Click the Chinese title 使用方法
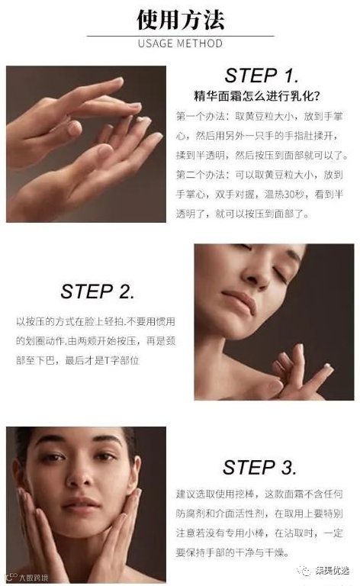[x=180, y=19]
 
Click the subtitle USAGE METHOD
[x=180, y=43]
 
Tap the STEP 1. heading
[x=262, y=76]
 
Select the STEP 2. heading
[x=97, y=291]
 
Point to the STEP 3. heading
[x=259, y=468]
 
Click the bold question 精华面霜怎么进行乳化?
[x=256, y=96]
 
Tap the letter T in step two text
[x=106, y=361]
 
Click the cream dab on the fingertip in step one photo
[x=141, y=120]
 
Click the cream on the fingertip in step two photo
[x=328, y=366]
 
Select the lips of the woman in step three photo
[x=82, y=504]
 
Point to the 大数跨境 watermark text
[x=34, y=578]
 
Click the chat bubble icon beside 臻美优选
[x=305, y=571]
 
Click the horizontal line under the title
[x=180, y=36]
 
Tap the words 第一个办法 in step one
[x=201, y=116]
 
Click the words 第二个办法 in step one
[x=201, y=175]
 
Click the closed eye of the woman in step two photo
[x=281, y=274]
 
